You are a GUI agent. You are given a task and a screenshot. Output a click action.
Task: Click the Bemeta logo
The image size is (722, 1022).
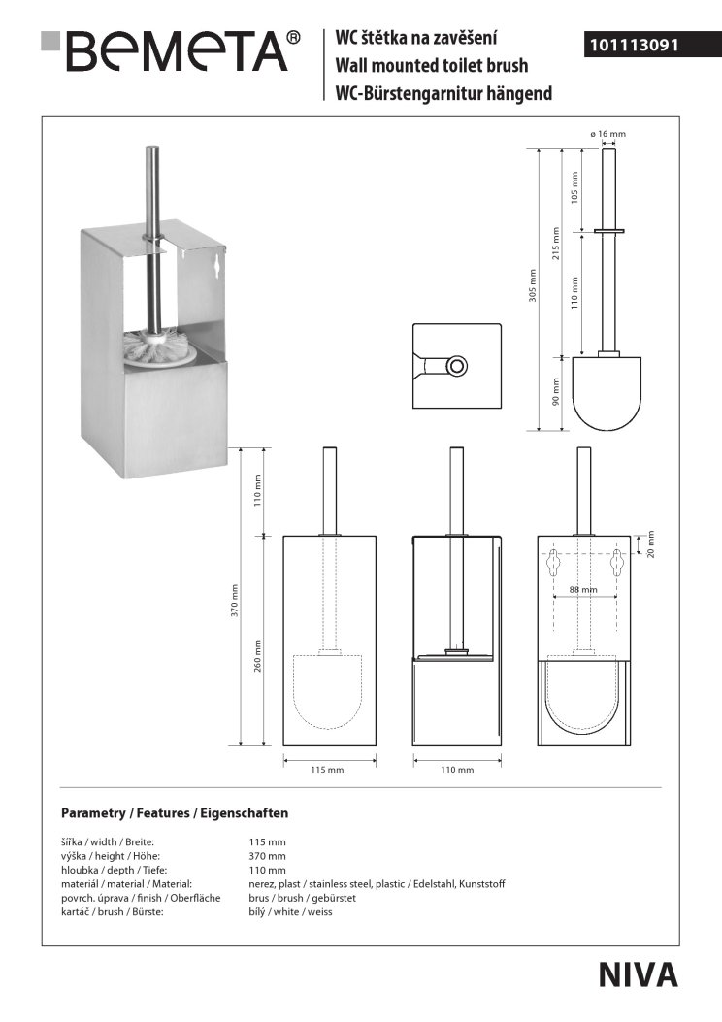(171, 50)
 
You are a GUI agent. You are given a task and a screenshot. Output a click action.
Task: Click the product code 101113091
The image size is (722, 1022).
(634, 45)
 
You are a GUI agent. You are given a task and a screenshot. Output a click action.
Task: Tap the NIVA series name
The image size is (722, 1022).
(638, 975)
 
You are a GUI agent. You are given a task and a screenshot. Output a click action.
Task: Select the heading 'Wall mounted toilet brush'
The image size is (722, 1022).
(432, 66)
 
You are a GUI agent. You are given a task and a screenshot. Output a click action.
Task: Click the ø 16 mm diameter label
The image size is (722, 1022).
(607, 134)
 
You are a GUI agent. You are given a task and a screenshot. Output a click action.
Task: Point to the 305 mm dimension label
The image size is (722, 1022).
(533, 284)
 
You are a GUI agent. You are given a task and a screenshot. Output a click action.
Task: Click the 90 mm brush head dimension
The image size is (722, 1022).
(556, 392)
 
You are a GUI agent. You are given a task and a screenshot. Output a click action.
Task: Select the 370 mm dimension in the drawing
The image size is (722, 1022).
(235, 601)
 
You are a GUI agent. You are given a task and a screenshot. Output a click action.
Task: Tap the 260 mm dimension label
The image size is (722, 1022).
(257, 656)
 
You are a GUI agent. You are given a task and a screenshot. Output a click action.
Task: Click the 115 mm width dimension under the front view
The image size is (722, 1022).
(327, 770)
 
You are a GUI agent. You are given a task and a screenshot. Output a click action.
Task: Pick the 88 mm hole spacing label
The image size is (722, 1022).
(583, 589)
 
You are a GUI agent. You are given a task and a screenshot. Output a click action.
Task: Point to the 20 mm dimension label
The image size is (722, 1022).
(650, 544)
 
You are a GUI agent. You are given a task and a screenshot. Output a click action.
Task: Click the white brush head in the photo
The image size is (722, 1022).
(160, 346)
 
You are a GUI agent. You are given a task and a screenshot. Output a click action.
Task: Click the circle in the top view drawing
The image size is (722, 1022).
(458, 365)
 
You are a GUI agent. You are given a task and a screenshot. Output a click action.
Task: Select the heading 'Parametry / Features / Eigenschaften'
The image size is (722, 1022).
(175, 812)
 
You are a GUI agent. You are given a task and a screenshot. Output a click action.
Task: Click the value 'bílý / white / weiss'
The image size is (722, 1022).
(290, 912)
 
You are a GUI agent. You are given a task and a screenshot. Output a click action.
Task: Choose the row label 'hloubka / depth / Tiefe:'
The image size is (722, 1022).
(115, 871)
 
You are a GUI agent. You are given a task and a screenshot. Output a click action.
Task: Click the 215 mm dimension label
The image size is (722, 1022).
(556, 243)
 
